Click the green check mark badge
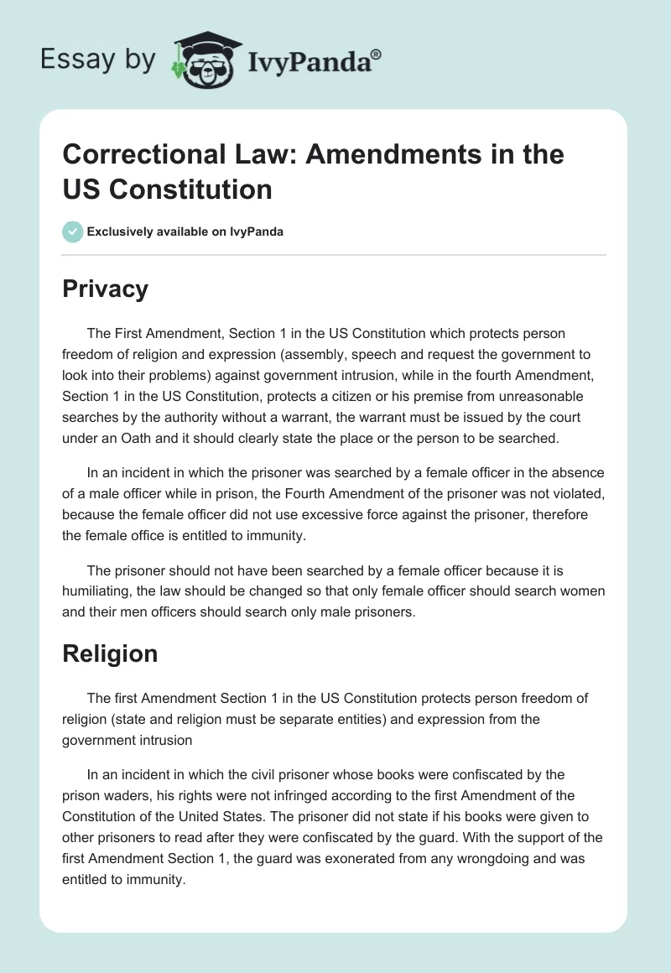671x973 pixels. (73, 232)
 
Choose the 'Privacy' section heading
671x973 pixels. (105, 289)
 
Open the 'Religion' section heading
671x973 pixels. (110, 653)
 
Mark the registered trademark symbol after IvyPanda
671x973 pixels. (377, 55)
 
